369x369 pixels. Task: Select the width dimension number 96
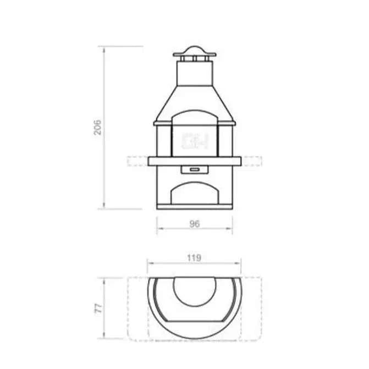pyautogui.click(x=194, y=223)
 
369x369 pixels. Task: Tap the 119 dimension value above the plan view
pyautogui.click(x=194, y=257)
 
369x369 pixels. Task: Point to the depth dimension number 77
pyautogui.click(x=98, y=307)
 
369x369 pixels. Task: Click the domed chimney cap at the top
pyautogui.click(x=195, y=52)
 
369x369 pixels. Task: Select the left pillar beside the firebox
pyautogui.click(x=163, y=140)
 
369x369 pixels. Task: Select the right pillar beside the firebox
pyautogui.click(x=226, y=140)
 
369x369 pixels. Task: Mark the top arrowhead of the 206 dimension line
pyautogui.click(x=104, y=48)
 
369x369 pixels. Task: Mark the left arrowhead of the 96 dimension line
pyautogui.click(x=158, y=229)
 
